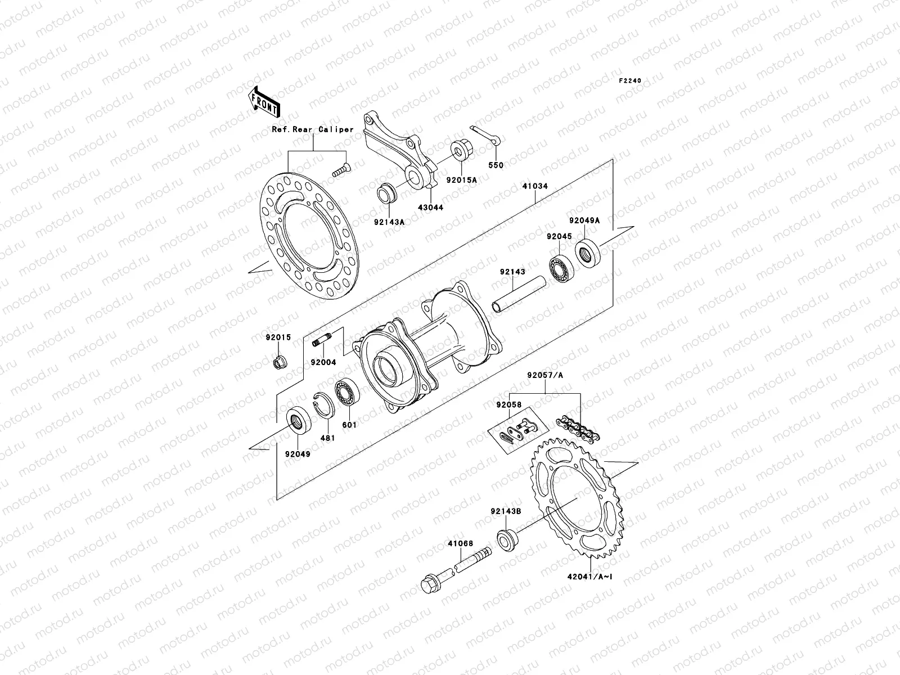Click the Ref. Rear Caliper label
(x=313, y=129)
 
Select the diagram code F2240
(x=630, y=81)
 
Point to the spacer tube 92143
(x=519, y=293)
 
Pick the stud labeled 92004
(x=323, y=341)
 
